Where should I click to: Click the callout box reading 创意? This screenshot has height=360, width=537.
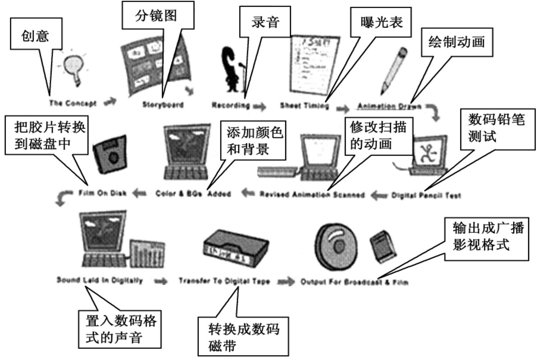[36, 34]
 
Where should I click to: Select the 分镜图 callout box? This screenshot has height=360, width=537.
[158, 16]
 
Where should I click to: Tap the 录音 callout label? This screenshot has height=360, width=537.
[265, 22]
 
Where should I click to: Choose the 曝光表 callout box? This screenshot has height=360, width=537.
[381, 22]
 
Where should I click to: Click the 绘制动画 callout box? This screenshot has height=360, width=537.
[456, 42]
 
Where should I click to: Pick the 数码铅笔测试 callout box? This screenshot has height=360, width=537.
[497, 129]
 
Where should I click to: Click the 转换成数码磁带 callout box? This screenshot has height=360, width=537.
[243, 336]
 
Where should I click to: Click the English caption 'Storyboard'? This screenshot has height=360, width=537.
[163, 105]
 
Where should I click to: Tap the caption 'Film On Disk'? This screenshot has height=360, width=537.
[102, 193]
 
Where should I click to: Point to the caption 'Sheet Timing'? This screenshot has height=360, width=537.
[304, 105]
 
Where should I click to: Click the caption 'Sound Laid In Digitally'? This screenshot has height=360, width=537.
[100, 280]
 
